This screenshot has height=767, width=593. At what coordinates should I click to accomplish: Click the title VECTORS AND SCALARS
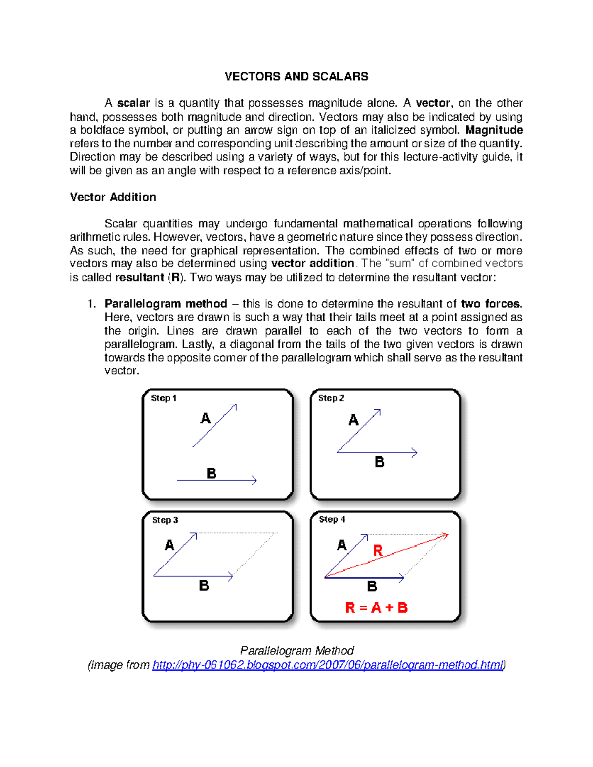click(296, 76)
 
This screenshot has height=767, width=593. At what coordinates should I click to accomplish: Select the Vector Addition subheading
click(113, 197)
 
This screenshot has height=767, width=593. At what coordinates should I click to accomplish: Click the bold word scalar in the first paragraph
click(133, 103)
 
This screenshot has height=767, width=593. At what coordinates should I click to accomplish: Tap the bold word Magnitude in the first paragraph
click(494, 130)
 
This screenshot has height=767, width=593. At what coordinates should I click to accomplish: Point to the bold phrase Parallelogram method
click(166, 304)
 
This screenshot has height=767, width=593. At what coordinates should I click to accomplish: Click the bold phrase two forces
click(491, 304)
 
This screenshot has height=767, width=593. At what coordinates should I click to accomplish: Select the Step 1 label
click(164, 398)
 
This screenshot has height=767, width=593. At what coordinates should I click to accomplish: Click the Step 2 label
click(331, 398)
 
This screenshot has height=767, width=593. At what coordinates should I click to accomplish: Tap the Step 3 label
click(165, 520)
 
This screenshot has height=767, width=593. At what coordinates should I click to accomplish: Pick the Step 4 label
click(332, 520)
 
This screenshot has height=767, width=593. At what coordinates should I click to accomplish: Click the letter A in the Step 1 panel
click(205, 419)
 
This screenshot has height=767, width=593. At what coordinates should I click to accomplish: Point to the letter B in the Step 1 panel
click(211, 473)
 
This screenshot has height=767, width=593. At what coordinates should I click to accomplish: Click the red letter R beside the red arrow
click(378, 551)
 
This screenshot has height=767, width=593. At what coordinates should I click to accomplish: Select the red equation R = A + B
click(376, 607)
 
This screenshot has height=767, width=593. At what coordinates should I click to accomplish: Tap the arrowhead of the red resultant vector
click(445, 535)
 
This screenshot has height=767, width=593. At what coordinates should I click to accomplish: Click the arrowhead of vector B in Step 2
click(415, 452)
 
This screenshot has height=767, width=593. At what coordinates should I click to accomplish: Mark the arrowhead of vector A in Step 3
click(194, 535)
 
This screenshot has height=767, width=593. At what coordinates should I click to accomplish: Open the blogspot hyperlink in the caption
click(327, 665)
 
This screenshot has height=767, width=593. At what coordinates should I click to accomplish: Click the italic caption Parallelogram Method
click(296, 651)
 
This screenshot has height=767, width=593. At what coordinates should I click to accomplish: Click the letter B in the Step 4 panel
click(372, 586)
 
